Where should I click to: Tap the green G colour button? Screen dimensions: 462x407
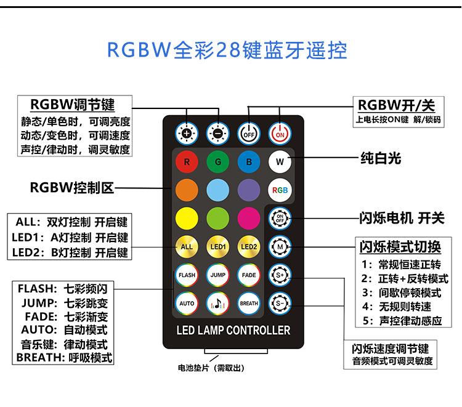pyautogui.click(x=217, y=163)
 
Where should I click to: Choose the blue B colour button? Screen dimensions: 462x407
pyautogui.click(x=248, y=163)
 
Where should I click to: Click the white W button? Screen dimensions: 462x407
pyautogui.click(x=280, y=163)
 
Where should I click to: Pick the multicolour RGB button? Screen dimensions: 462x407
pyautogui.click(x=280, y=190)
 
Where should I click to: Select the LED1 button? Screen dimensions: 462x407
pyautogui.click(x=217, y=247)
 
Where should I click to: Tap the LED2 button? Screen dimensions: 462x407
pyautogui.click(x=248, y=247)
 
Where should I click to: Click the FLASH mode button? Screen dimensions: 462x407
pyautogui.click(x=187, y=275)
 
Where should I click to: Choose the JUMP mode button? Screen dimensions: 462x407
pyautogui.click(x=217, y=275)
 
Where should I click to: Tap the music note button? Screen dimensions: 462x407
pyautogui.click(x=217, y=303)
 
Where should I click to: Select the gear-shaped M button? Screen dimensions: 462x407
pyautogui.click(x=280, y=247)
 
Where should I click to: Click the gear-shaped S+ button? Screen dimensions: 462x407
pyautogui.click(x=280, y=275)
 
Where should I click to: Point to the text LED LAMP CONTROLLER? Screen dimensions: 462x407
pyautogui.click(x=233, y=331)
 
